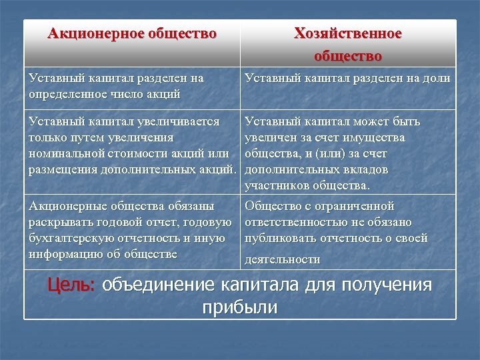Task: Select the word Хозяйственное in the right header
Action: pos(348,33)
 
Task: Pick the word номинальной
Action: pos(63,153)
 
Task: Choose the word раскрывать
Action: pos(62,221)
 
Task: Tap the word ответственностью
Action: pos(297,222)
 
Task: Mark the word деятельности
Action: pos(283,259)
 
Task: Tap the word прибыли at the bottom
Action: pos(239,307)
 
